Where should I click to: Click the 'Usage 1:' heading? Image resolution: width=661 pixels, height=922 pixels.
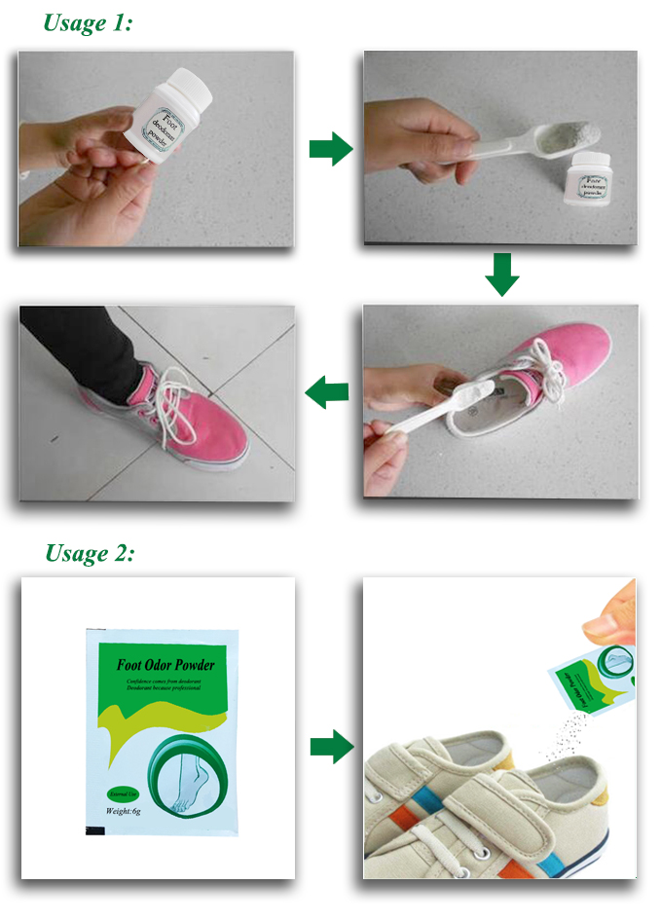click(x=88, y=23)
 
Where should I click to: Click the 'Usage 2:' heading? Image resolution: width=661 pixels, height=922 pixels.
click(x=90, y=553)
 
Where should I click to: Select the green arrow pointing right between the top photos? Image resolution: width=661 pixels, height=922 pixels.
click(x=330, y=149)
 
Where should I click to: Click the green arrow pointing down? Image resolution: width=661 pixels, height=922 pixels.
click(x=501, y=274)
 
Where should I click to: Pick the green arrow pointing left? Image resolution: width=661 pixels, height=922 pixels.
click(x=328, y=392)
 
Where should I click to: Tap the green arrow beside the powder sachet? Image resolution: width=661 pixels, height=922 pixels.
click(x=330, y=747)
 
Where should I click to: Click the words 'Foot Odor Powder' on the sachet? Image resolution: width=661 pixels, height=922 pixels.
click(x=165, y=666)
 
